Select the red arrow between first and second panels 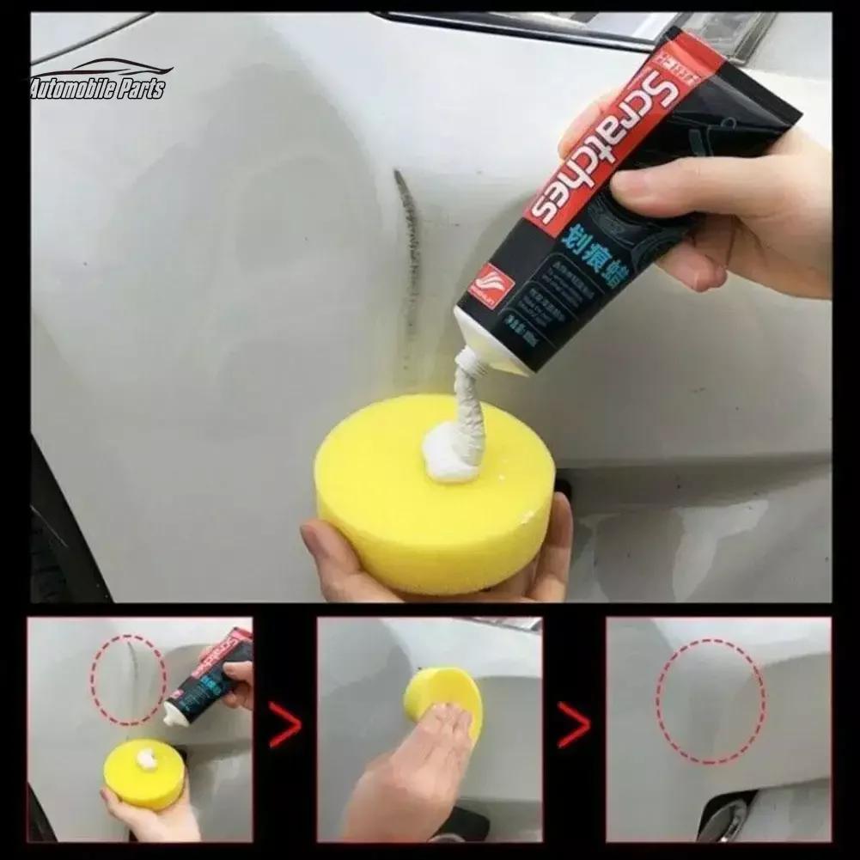(284, 724)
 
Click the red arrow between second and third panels (573, 724)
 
